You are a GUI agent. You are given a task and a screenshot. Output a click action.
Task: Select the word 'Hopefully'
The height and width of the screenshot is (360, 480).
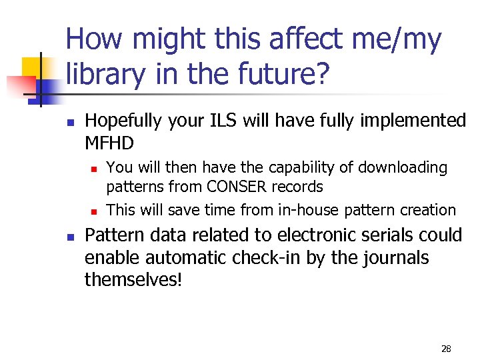123,121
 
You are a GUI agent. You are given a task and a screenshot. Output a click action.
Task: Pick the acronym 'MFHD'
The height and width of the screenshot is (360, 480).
109,143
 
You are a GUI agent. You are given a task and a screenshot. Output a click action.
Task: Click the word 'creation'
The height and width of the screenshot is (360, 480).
427,210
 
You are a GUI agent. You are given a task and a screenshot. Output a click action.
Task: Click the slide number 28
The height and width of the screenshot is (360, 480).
446,349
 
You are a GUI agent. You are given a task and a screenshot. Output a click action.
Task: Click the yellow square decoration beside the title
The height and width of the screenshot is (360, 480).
35,70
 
